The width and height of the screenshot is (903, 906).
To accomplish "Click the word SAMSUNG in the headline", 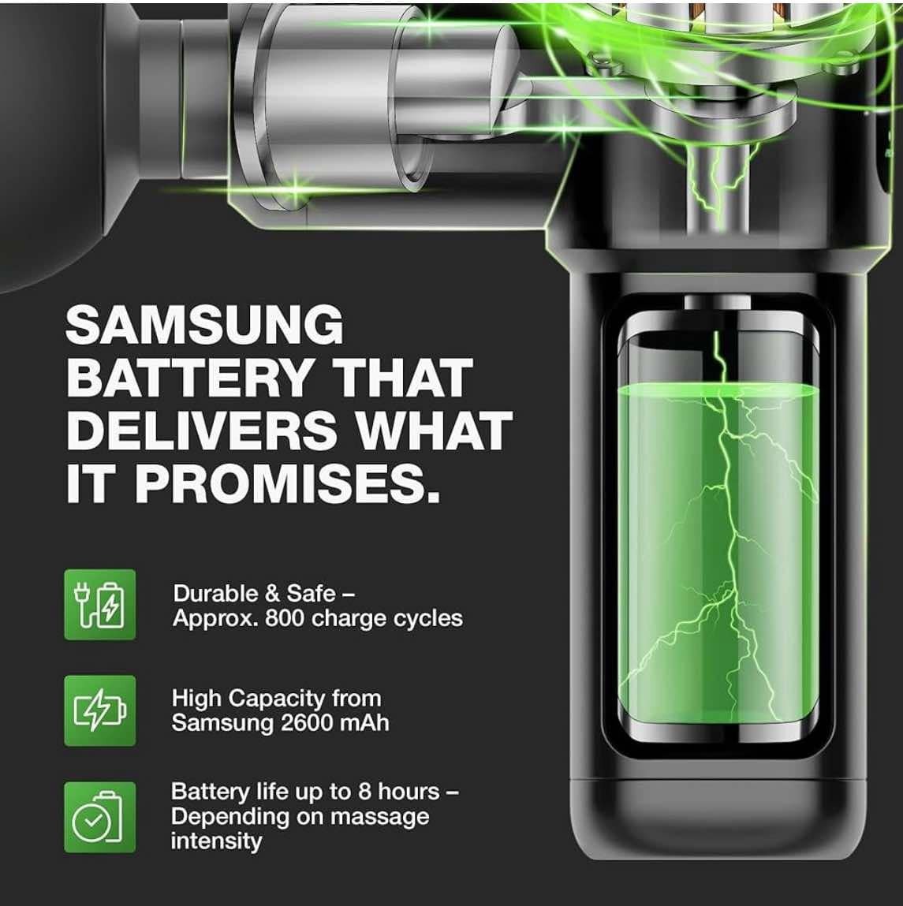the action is point(205,325).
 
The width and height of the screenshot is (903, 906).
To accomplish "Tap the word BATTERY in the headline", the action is point(189,378).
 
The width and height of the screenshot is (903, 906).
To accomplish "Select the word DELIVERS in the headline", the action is point(203,431).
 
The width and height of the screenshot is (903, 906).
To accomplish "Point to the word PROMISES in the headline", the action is point(287,483).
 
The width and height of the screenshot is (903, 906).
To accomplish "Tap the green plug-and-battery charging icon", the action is point(100,604).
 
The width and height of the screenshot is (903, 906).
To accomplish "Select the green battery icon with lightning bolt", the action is point(100,710).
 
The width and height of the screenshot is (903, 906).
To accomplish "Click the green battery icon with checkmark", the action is point(100,817).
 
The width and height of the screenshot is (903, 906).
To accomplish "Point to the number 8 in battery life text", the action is point(364,792).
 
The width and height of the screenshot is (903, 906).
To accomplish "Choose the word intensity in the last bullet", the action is point(216,841).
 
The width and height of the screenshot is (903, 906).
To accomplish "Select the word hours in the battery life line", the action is point(409,792).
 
